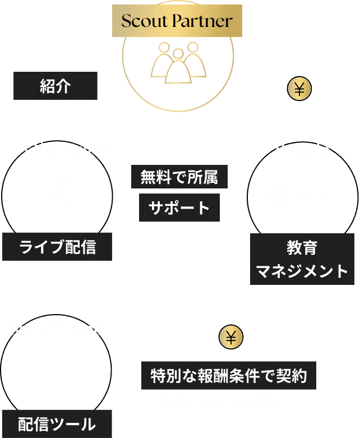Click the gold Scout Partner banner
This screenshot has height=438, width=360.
[x=177, y=22]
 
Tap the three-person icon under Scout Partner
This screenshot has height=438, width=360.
[x=177, y=62]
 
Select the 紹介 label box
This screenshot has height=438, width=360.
[x=55, y=86]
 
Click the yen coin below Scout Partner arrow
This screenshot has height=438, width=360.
[x=299, y=89]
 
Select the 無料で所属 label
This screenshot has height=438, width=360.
[x=179, y=178]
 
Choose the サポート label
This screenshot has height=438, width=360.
[x=179, y=207]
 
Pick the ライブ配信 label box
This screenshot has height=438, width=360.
[x=56, y=247]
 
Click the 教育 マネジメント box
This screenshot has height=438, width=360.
[x=302, y=259]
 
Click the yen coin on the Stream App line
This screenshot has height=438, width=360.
[x=230, y=337]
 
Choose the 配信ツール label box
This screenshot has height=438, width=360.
[x=56, y=423]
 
